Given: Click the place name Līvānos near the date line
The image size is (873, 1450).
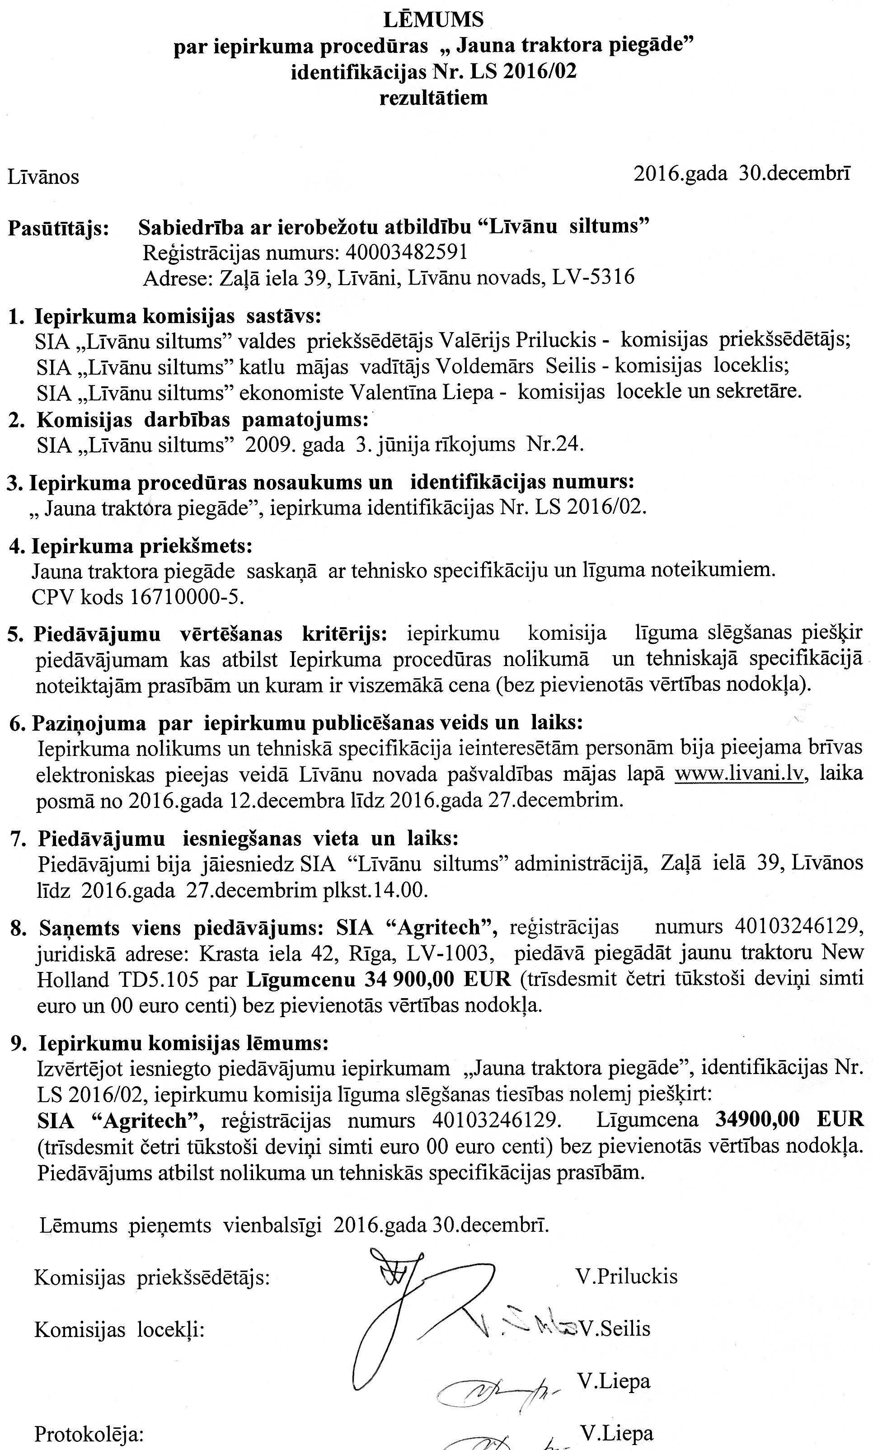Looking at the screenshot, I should (43, 177).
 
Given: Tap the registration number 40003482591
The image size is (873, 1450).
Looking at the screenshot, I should (407, 252).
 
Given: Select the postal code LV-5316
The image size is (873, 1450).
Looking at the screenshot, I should (593, 277).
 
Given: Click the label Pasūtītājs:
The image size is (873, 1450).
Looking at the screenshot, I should (59, 228).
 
